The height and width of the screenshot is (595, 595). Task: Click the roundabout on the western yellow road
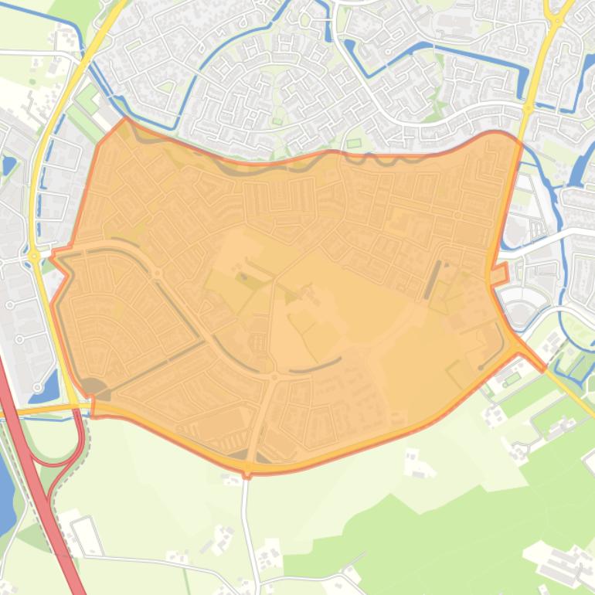pyautogui.click(x=34, y=256)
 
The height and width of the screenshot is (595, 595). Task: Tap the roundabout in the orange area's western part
pyautogui.click(x=157, y=274)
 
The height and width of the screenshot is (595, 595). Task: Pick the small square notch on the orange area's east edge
pyautogui.click(x=500, y=272)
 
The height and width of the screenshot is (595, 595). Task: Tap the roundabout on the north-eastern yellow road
pyautogui.click(x=529, y=109)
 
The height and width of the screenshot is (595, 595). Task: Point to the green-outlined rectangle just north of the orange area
pyautogui.click(x=354, y=143)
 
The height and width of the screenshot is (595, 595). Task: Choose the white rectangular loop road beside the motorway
pyautogui.click(x=87, y=535)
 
